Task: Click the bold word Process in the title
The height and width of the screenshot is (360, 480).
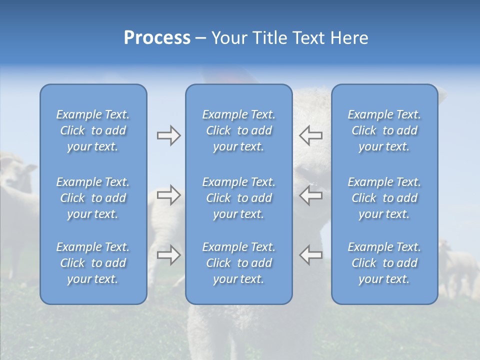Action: [157, 38]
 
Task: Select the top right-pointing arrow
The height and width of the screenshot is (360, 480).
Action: [169, 135]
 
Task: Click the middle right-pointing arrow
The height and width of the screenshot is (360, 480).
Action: [169, 194]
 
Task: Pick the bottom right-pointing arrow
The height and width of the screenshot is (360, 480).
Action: [169, 255]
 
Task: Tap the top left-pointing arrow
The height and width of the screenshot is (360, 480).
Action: [311, 135]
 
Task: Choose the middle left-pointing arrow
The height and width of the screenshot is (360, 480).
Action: [311, 194]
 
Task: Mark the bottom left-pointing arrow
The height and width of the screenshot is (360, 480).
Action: [311, 255]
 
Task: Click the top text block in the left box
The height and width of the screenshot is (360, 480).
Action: [93, 130]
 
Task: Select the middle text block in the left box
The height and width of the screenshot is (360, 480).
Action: [93, 198]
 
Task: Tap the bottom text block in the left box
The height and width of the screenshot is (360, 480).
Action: [93, 263]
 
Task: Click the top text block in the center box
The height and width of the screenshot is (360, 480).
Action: [238, 130]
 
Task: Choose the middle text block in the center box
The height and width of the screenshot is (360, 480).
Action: [238, 198]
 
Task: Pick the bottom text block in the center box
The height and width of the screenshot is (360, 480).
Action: [238, 263]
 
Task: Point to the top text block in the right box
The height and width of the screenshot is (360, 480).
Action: [384, 130]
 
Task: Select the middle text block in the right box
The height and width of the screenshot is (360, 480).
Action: [384, 198]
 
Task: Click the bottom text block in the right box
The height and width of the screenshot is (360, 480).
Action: [384, 263]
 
